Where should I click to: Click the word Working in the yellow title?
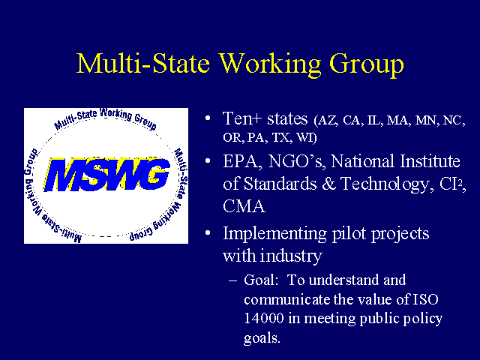coord(271,64)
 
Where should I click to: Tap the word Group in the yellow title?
coord(367,65)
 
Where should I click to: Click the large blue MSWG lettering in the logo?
coord(106,175)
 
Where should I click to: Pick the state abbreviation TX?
coord(281,137)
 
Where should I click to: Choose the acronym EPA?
coord(241,162)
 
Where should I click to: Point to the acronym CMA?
coord(244,206)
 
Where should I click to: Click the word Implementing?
coord(275,235)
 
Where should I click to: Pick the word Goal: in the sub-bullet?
coord(261,280)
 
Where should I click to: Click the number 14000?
coord(263,318)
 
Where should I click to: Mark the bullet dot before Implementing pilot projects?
coord(208,233)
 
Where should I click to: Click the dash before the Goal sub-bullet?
coord(232,280)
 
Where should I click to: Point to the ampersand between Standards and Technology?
coord(328,184)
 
